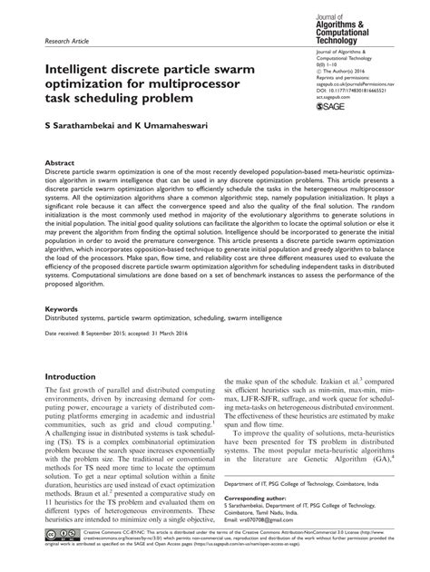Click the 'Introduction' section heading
[x=77, y=376]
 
